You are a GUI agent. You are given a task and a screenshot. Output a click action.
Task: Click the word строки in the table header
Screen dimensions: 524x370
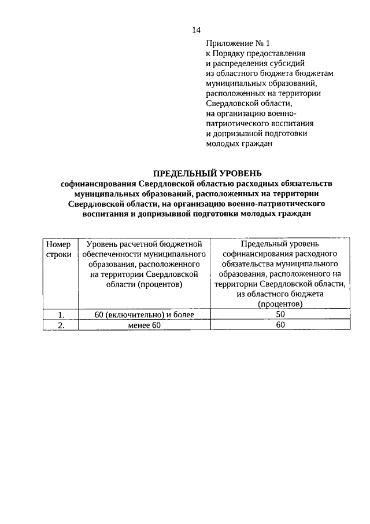tap(58, 254)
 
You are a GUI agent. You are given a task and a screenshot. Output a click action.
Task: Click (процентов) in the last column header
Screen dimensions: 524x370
tap(280, 303)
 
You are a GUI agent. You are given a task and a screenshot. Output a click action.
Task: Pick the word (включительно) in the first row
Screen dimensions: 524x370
tap(137, 314)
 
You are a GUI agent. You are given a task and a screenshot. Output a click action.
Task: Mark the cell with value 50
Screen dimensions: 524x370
tap(280, 314)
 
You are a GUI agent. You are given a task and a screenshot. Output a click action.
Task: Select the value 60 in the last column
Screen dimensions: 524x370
tap(280, 325)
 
